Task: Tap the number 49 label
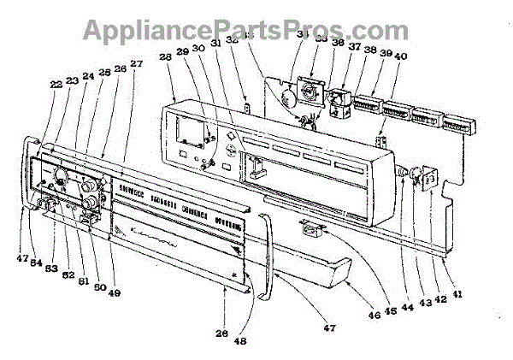click(x=114, y=293)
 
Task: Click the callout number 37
click(x=355, y=48)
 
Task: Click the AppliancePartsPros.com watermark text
click(x=256, y=30)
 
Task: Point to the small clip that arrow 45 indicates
click(x=310, y=227)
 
